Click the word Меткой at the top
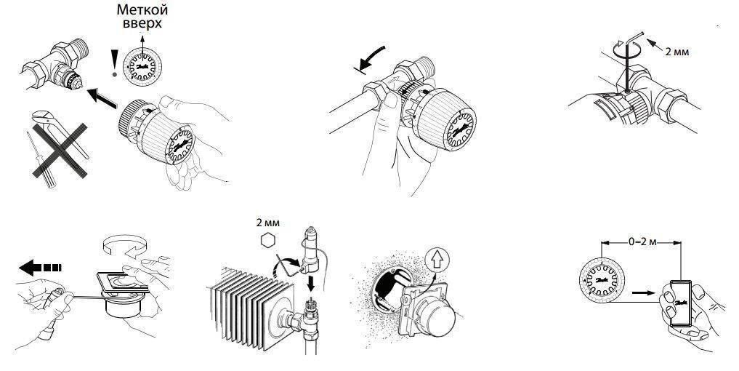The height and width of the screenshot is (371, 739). tap(142, 9)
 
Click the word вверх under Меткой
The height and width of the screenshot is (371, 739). tap(142, 23)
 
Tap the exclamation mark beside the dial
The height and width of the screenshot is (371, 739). tap(113, 64)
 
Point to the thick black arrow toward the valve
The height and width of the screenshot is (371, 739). tap(102, 98)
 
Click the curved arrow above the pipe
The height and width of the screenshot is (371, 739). tap(370, 59)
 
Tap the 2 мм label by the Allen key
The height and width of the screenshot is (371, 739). tap(677, 52)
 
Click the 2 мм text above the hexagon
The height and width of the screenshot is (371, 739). tap(268, 223)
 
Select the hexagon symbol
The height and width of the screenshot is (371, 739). tap(267, 241)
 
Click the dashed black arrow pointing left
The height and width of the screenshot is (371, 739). tap(40, 268)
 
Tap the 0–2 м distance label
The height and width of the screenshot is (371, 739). tap(643, 242)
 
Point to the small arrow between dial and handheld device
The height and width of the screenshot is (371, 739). tap(643, 292)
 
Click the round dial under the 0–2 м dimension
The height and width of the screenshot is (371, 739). tap(602, 281)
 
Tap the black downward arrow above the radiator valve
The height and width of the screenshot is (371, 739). tap(311, 284)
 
